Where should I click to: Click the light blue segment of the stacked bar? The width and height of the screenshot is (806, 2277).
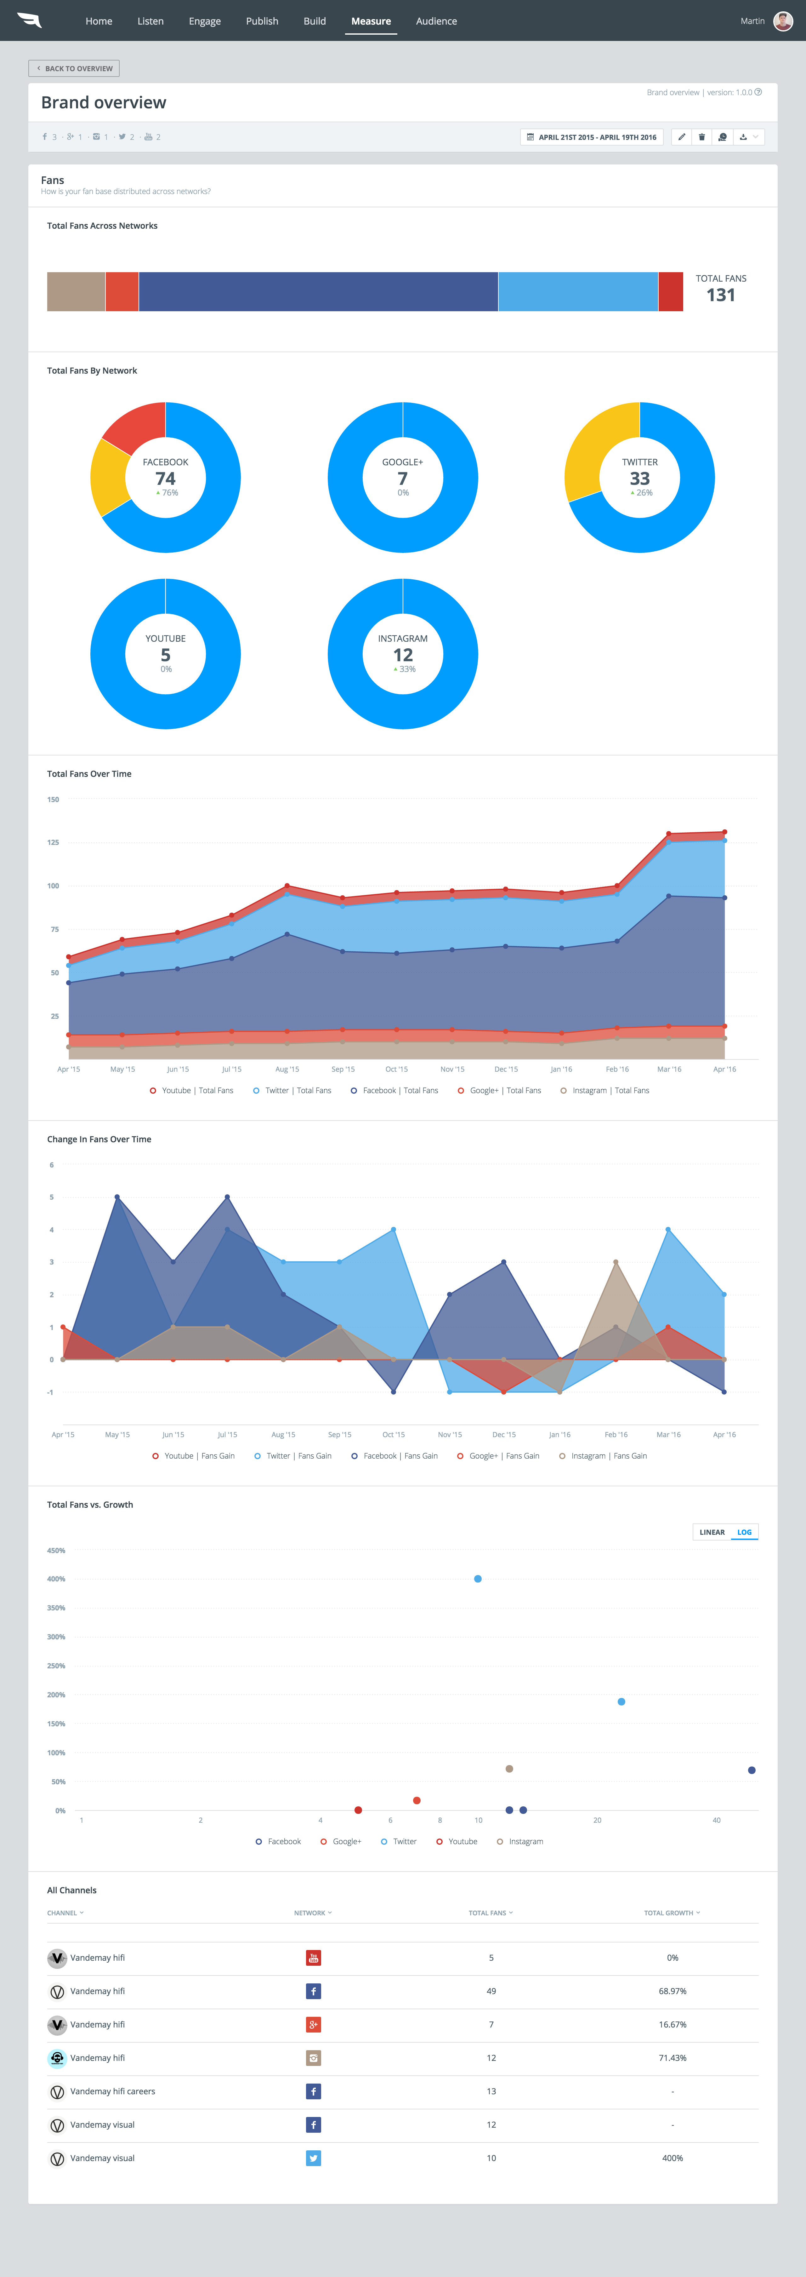[x=578, y=292]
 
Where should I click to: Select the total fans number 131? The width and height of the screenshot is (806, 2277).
[x=720, y=295]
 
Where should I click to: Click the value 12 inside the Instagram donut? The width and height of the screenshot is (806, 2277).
[x=403, y=655]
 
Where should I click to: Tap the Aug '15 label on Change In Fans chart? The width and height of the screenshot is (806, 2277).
[x=284, y=1435]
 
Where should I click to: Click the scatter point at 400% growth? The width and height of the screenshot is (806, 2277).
[x=478, y=1579]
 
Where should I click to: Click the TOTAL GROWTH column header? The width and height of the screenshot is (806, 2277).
[x=671, y=1913]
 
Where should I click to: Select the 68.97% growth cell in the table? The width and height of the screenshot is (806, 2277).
[x=673, y=1992]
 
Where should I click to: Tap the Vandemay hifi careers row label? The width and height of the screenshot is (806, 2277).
[x=112, y=2091]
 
